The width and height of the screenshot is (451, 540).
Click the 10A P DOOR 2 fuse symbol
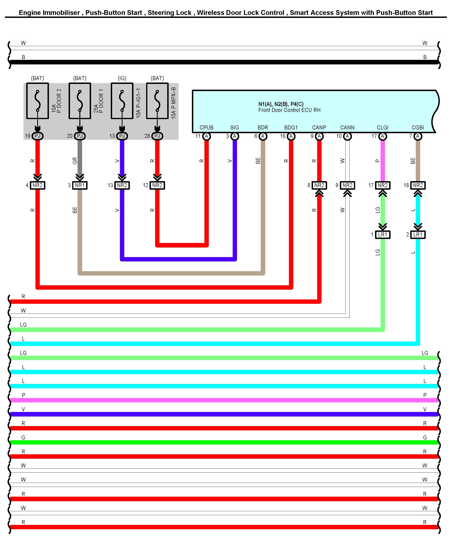pos(38,101)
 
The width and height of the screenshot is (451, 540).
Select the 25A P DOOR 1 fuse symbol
pos(80,101)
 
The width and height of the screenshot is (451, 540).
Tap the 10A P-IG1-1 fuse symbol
pos(122,101)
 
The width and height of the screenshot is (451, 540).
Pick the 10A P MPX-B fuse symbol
pos(157,101)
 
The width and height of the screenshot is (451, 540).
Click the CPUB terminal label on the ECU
pos(206,127)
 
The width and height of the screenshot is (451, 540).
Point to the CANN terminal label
pos(347,127)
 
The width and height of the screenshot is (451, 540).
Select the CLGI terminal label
pos(382,127)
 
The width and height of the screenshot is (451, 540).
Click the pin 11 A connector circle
pos(206,136)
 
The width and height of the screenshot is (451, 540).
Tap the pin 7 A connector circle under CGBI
pos(418,136)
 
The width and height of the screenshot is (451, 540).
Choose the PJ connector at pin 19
pos(38,136)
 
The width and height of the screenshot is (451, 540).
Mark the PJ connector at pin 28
pos(157,136)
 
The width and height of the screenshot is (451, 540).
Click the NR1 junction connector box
pos(80,185)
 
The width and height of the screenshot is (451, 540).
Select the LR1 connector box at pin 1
pos(383,235)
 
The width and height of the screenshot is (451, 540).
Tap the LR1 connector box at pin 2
pos(418,235)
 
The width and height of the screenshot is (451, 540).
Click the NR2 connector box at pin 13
pos(122,185)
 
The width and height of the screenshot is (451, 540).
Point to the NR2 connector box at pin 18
pos(418,185)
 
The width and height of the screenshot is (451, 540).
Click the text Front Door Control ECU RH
pos(289,110)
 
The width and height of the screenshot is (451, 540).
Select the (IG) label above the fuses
pos(122,78)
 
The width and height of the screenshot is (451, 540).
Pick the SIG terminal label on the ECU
pos(234,127)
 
